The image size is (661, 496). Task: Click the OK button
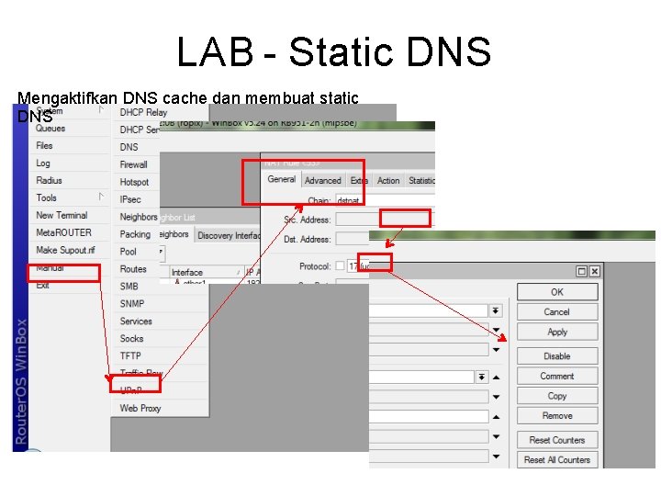pos(557,292)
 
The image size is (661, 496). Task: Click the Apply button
pos(557,332)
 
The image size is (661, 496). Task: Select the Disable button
pos(557,356)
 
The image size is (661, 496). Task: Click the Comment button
pos(557,376)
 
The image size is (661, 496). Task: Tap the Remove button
pos(557,416)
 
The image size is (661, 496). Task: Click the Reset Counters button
pos(557,440)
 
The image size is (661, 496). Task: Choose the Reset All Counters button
pos(557,460)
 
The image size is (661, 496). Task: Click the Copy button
pos(557,396)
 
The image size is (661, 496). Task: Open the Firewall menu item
pos(134,164)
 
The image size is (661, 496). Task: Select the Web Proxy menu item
pos(140,408)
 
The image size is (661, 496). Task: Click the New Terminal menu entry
pos(62,215)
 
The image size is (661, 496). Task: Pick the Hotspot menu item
pos(134,182)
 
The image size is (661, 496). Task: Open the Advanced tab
pos(322,181)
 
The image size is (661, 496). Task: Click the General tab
pos(281,180)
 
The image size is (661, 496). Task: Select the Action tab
pos(388,181)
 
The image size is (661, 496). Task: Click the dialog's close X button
pos(595,271)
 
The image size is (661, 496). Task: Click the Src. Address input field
pos(358,220)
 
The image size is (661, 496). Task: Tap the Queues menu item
pos(50,129)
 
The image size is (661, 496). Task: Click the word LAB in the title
pos(214,52)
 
